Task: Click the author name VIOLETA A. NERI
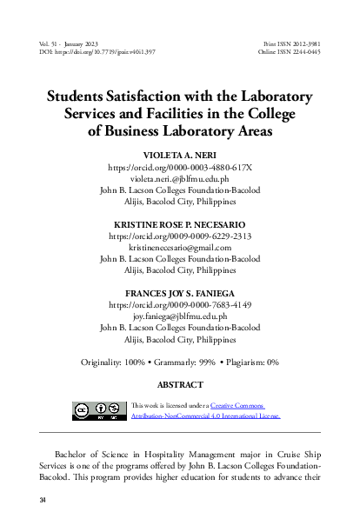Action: click(x=180, y=152)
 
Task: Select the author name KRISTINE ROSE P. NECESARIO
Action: click(x=180, y=225)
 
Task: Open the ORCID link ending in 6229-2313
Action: click(x=180, y=236)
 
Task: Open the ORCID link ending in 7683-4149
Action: click(x=180, y=307)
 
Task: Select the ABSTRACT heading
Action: click(x=180, y=383)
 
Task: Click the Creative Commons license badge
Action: click(x=96, y=411)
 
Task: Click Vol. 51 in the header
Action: click(x=50, y=42)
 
